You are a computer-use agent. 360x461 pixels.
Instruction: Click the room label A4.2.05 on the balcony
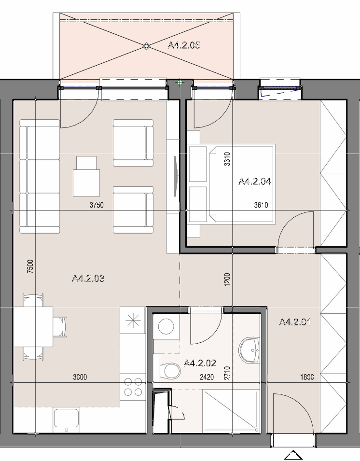184,45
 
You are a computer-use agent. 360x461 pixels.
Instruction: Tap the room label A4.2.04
254,182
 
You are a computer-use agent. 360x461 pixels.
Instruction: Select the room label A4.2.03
88,278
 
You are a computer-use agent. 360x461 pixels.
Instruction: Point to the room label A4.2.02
200,363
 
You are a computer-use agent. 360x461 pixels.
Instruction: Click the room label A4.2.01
295,322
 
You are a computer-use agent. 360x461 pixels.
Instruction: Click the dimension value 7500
30,266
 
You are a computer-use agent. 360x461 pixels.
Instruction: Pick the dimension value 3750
97,205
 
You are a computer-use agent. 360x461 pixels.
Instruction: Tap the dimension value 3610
261,205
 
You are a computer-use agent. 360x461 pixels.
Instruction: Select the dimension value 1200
227,279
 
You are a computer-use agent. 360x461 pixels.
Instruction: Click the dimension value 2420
207,377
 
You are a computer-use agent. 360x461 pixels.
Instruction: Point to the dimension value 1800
307,377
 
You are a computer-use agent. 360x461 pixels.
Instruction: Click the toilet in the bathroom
170,371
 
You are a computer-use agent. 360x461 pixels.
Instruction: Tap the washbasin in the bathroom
249,350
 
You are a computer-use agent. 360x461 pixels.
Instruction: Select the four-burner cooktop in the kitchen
133,387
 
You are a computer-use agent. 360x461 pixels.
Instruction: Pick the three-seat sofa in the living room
40,176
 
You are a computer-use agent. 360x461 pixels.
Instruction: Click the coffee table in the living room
86,176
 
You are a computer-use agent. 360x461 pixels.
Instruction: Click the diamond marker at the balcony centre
146,46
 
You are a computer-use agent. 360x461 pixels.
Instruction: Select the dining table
33,327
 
